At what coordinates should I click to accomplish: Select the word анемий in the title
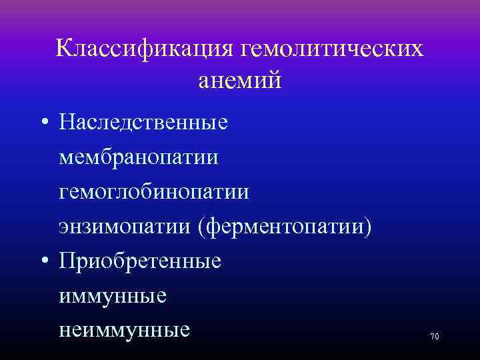(240, 81)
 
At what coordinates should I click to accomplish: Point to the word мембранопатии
(139, 158)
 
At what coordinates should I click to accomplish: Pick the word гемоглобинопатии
(154, 193)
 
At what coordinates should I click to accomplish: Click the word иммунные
(113, 296)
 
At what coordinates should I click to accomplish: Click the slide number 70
(435, 337)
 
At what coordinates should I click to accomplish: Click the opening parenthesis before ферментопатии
(200, 228)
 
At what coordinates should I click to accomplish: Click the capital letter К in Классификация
(66, 48)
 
